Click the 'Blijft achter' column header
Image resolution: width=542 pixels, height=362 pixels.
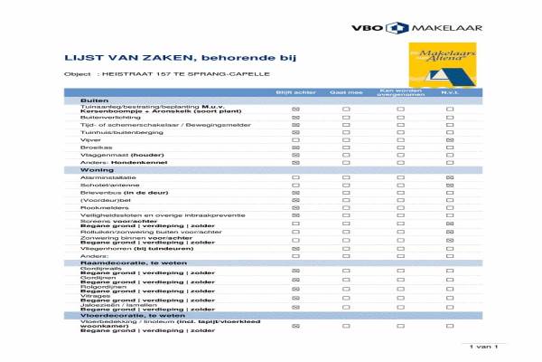[x=294, y=92]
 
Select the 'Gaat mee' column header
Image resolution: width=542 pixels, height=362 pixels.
[x=345, y=92]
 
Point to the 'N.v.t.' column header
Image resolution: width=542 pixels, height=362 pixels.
[x=450, y=92]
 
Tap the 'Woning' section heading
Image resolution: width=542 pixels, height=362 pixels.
[x=97, y=169]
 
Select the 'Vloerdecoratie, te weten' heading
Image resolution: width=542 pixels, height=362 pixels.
[x=120, y=315]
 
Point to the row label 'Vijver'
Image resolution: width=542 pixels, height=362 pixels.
[x=89, y=140]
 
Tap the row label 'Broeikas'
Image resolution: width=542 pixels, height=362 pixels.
[x=92, y=148]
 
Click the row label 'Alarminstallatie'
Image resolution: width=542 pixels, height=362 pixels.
[x=103, y=177]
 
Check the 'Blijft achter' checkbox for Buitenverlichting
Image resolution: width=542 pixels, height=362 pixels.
[x=294, y=118]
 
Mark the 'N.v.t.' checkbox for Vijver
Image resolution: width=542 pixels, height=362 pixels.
[x=450, y=140]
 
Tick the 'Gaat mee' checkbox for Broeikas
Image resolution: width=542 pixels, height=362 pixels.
[x=345, y=148]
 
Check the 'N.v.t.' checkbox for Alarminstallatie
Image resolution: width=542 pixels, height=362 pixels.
[x=450, y=177]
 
